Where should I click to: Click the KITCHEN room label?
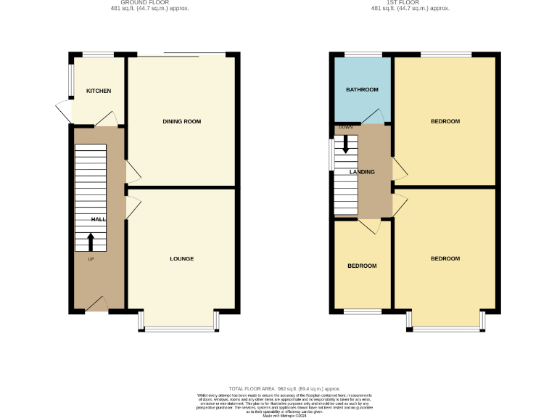pyautogui.click(x=99, y=91)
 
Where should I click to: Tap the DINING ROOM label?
pyautogui.click(x=181, y=121)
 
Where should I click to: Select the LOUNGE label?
pyautogui.click(x=181, y=259)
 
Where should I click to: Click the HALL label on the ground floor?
pyautogui.click(x=98, y=219)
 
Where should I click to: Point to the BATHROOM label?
pyautogui.click(x=362, y=90)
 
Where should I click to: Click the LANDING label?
pyautogui.click(x=362, y=172)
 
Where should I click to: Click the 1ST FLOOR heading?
pyautogui.click(x=410, y=3)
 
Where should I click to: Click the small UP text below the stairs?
pyautogui.click(x=91, y=259)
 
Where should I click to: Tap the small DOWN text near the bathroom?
pyautogui.click(x=345, y=128)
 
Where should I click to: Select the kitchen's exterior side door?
pyautogui.click(x=64, y=112)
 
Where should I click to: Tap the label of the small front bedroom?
pyautogui.click(x=362, y=266)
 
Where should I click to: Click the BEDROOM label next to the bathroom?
pyautogui.click(x=445, y=121)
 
